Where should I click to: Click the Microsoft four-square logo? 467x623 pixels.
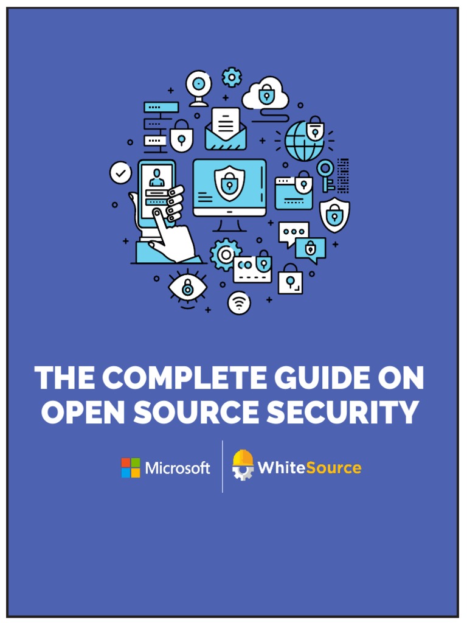click(130, 468)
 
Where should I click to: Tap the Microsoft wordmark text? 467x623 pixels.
click(178, 468)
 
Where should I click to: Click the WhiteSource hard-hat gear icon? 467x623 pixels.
click(243, 466)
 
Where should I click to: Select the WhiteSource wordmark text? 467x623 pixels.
click(310, 467)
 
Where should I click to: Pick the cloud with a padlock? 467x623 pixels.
click(266, 94)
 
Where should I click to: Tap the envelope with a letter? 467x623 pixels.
click(226, 128)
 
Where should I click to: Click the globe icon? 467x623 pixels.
click(305, 141)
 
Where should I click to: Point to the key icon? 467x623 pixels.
click(327, 174)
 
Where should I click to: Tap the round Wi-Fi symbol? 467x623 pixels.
click(239, 303)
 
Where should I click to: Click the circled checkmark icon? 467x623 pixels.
click(120, 173)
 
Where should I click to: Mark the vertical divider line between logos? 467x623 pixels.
click(223, 467)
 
